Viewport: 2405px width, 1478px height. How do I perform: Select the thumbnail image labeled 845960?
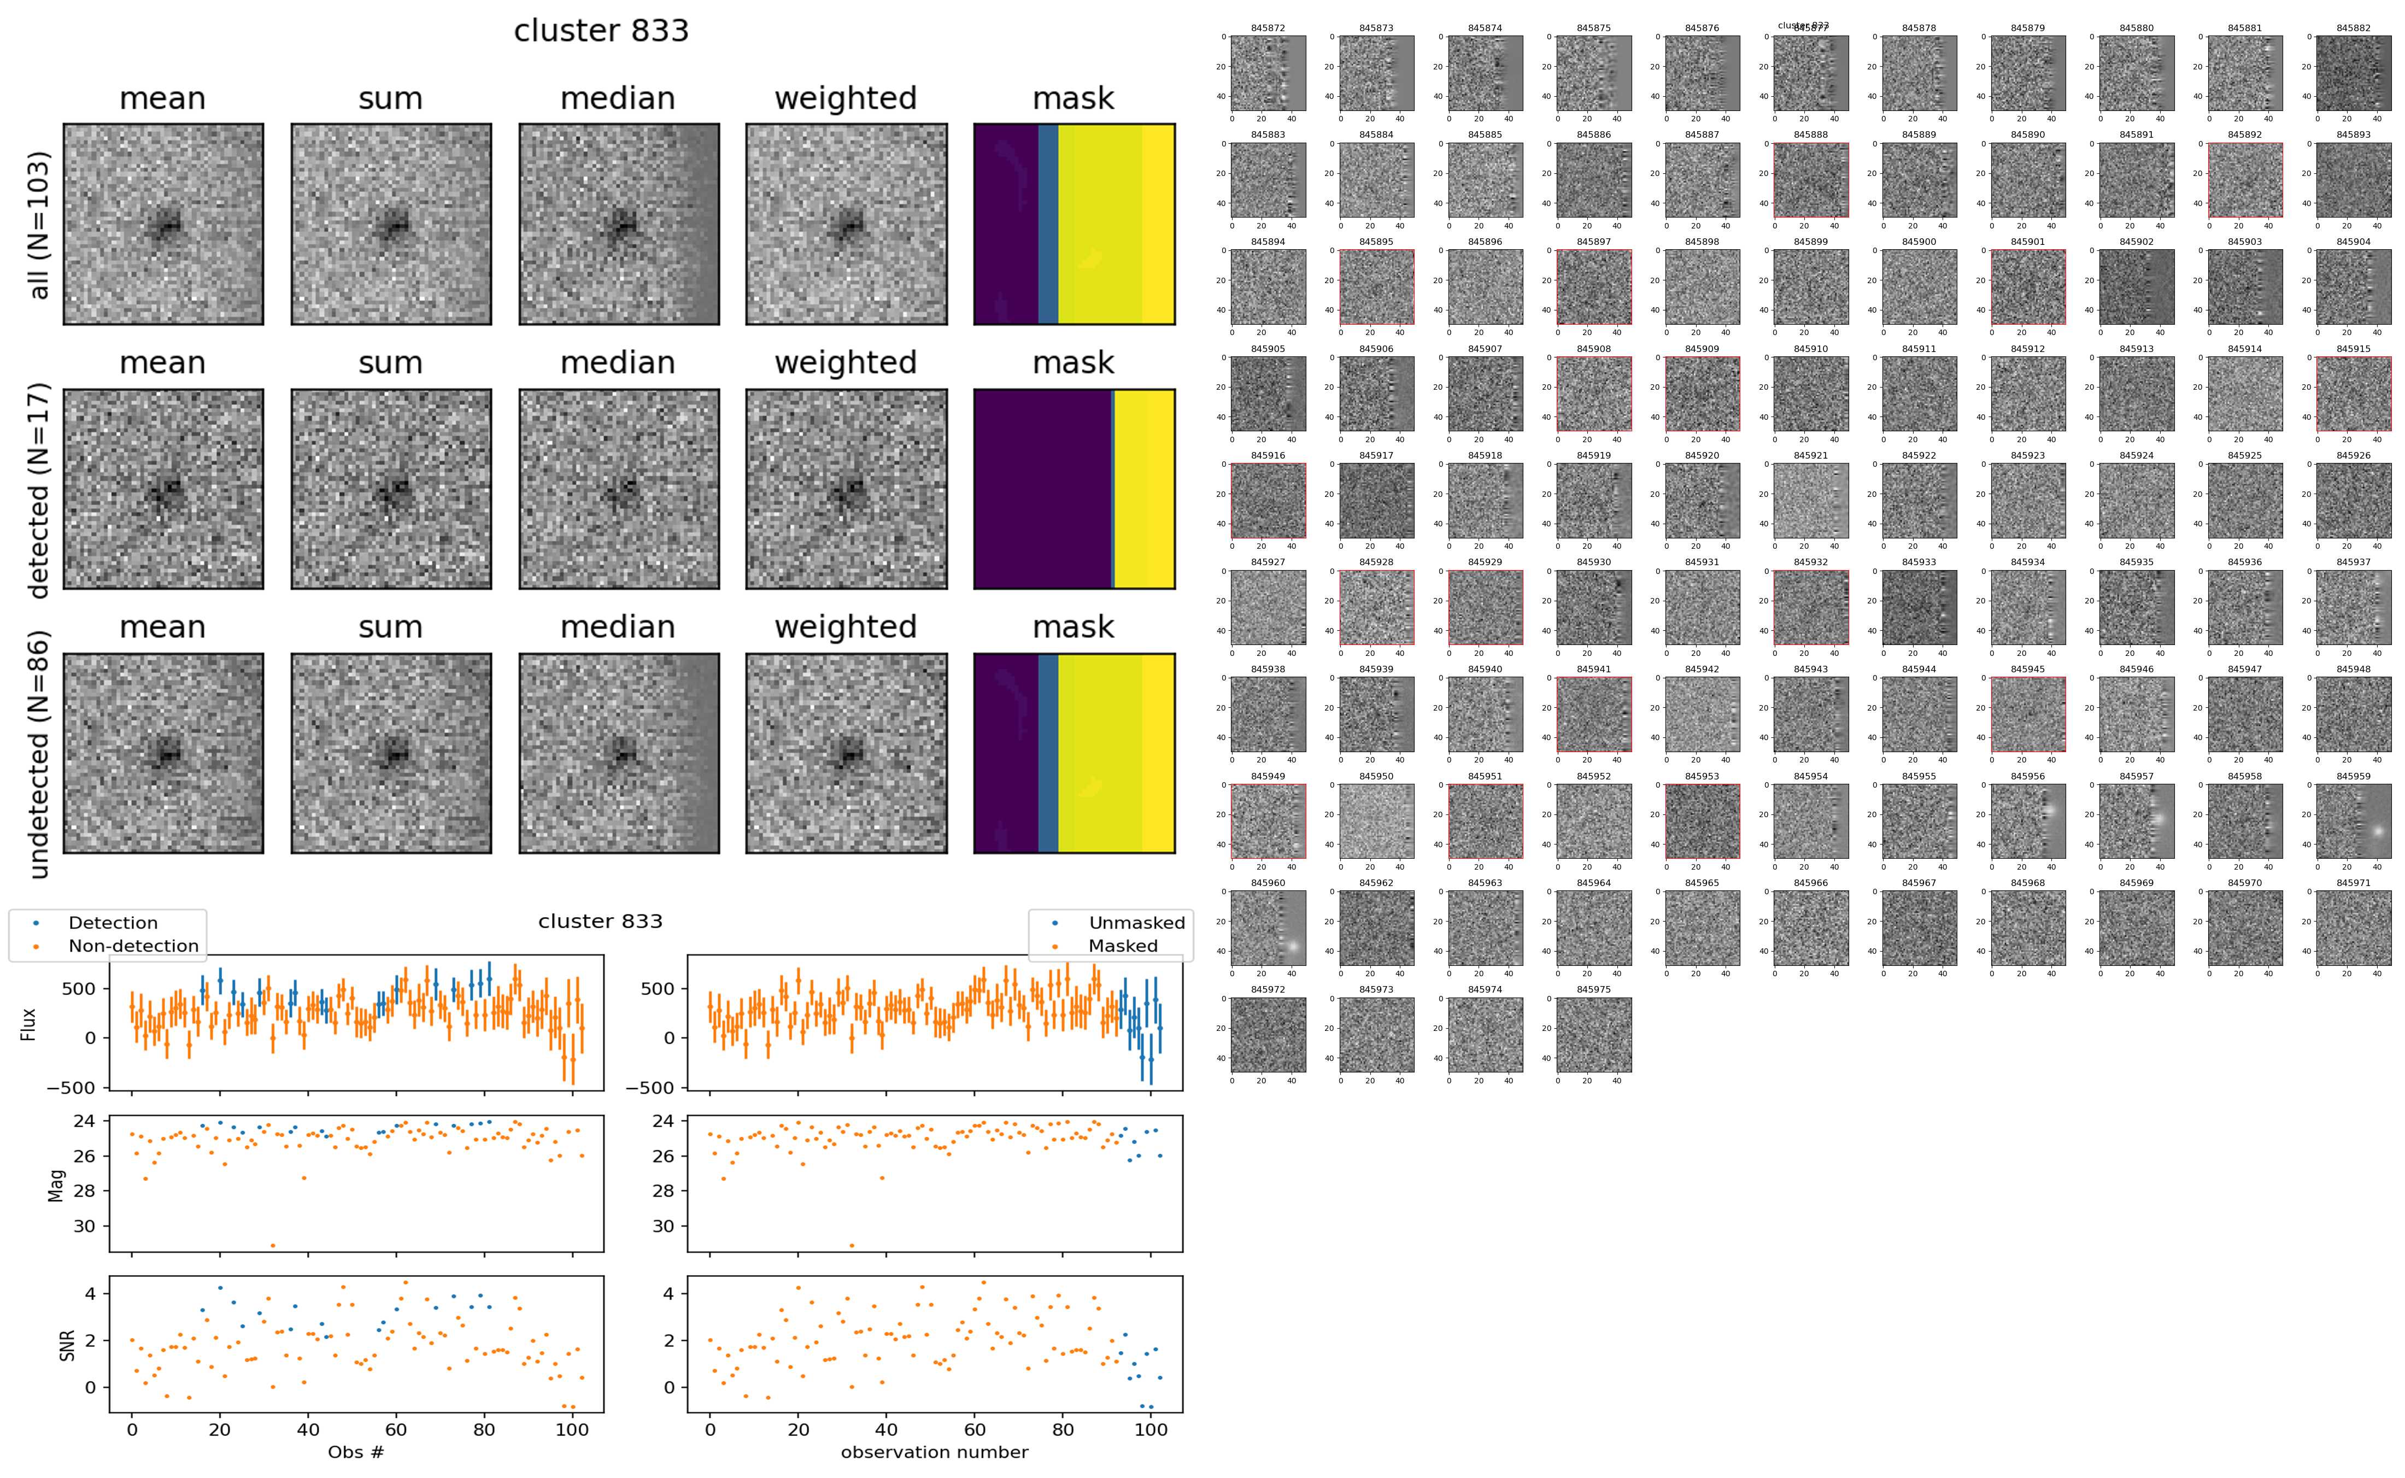pos(1268,928)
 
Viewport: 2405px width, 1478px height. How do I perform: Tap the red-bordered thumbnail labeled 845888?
pos(1810,180)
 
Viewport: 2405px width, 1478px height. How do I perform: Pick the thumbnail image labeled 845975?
pos(1593,1034)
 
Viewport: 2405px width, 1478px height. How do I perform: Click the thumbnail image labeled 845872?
pos(1268,73)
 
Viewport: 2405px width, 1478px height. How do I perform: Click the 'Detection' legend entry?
pos(113,923)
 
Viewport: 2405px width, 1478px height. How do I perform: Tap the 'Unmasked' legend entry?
pos(1136,923)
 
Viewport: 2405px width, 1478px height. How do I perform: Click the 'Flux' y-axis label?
pos(28,1023)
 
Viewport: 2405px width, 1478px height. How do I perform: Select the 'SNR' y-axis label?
pos(67,1344)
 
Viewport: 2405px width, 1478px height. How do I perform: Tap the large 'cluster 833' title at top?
pos(601,31)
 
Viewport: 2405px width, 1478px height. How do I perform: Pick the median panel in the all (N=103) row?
pos(619,224)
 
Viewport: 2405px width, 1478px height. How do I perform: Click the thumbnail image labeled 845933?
pos(1919,607)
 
